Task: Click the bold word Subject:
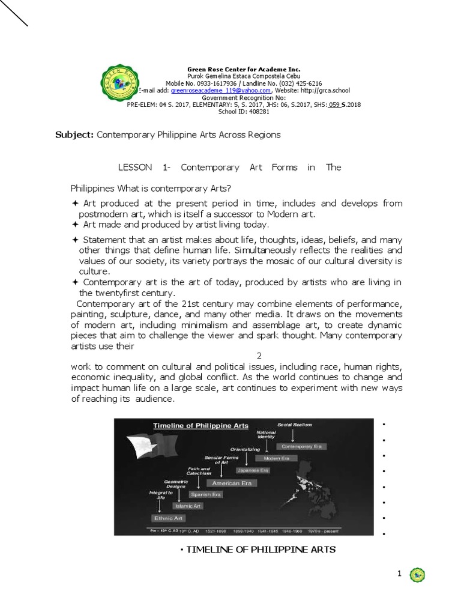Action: pos(74,135)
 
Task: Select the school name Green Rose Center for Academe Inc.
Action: pos(244,70)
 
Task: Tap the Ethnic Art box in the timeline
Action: pos(169,518)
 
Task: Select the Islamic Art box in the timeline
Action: pos(188,506)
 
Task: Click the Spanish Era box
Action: pos(206,494)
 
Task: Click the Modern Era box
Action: pos(276,458)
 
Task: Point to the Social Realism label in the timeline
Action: pos(295,425)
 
